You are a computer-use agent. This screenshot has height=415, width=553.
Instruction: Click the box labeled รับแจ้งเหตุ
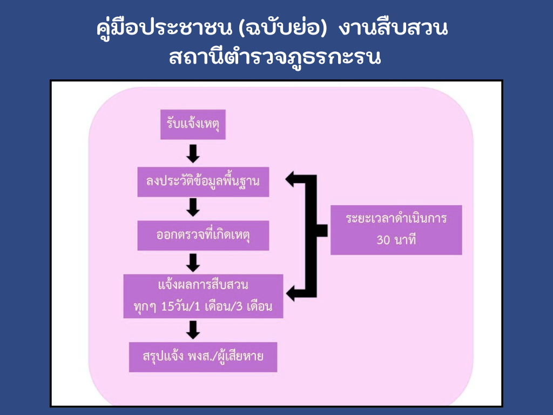point(193,125)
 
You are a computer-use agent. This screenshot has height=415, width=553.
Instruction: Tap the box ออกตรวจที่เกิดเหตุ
point(203,236)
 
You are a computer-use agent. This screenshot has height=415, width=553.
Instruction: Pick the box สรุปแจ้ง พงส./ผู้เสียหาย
point(203,357)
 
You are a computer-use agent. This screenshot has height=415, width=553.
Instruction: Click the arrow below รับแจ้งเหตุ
point(193,153)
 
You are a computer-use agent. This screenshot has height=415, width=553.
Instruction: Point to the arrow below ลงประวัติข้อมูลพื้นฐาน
point(193,207)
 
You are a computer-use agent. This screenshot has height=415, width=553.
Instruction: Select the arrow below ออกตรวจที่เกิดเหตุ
point(193,262)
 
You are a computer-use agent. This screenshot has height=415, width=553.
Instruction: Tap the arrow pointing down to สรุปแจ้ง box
point(193,329)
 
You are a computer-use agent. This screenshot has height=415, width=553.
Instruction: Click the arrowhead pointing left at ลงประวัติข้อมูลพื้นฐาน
point(293,179)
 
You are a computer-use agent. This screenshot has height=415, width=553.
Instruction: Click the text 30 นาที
point(396,240)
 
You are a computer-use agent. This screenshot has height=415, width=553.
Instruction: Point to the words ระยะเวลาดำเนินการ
point(396,219)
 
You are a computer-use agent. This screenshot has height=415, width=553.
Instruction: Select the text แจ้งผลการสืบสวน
point(203,285)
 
